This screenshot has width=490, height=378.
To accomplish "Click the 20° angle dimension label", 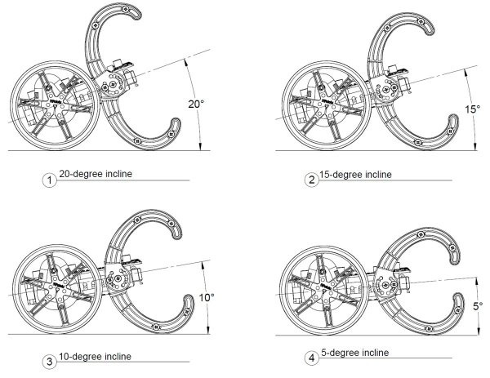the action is pos(196,104).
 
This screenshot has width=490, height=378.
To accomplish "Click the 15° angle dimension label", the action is pos(472,109).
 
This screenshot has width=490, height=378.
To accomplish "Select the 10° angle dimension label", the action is pos(207,297).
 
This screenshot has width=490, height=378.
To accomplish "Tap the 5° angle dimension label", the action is pos(478,306).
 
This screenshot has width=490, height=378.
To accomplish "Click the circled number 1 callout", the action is pos(49,180).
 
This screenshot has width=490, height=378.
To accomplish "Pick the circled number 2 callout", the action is pos(312,180).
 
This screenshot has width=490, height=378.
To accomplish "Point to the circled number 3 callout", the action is pos(49,362).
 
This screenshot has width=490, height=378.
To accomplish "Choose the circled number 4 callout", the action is pos(312,358).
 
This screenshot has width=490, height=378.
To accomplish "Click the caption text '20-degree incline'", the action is pos(96,174).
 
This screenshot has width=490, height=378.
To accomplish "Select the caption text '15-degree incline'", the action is pos(355,175).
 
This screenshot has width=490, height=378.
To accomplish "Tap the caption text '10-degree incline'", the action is pos(95,357).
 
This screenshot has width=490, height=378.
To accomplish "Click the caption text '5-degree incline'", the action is pos(355,353).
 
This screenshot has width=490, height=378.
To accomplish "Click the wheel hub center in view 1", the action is pos(55,105).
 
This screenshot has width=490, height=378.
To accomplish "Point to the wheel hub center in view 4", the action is pos(324,290).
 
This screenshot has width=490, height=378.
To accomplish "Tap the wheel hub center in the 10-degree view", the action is pos(57,289).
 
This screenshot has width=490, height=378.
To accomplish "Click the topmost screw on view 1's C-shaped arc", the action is pos(125,9).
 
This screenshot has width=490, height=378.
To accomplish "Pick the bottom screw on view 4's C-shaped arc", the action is pos(429,329).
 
